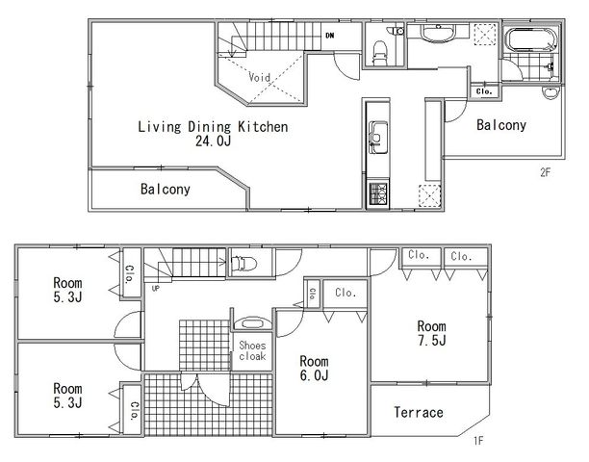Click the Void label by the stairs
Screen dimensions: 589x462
pyautogui.click(x=259, y=77)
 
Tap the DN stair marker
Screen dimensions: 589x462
pyautogui.click(x=330, y=36)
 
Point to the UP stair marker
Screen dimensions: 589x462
pyautogui.click(x=156, y=289)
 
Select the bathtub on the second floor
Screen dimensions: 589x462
pyautogui.click(x=531, y=39)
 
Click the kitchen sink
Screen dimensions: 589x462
pyautogui.click(x=378, y=137)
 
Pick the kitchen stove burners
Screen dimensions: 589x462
pyautogui.click(x=378, y=193)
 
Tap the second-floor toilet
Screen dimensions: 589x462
pyautogui.click(x=380, y=52)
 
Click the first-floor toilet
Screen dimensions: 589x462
pyautogui.click(x=243, y=264)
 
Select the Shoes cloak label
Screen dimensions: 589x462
pyautogui.click(x=252, y=350)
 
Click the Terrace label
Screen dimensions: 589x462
pyautogui.click(x=419, y=412)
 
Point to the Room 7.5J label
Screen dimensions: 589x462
pyautogui.click(x=431, y=333)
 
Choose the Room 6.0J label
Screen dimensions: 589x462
pyautogui.click(x=314, y=368)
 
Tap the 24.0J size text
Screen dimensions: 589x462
pyautogui.click(x=213, y=141)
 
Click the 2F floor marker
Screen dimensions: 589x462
pyautogui.click(x=545, y=172)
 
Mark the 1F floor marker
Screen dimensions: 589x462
pyautogui.click(x=477, y=440)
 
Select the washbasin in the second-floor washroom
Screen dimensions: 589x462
pyautogui.click(x=438, y=33)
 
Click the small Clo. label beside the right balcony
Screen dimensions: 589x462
pyautogui.click(x=484, y=91)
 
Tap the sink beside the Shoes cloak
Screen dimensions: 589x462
pyautogui.click(x=252, y=323)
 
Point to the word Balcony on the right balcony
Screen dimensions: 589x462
pyautogui.click(x=501, y=125)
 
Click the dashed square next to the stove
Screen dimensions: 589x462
pyautogui.click(x=430, y=195)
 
